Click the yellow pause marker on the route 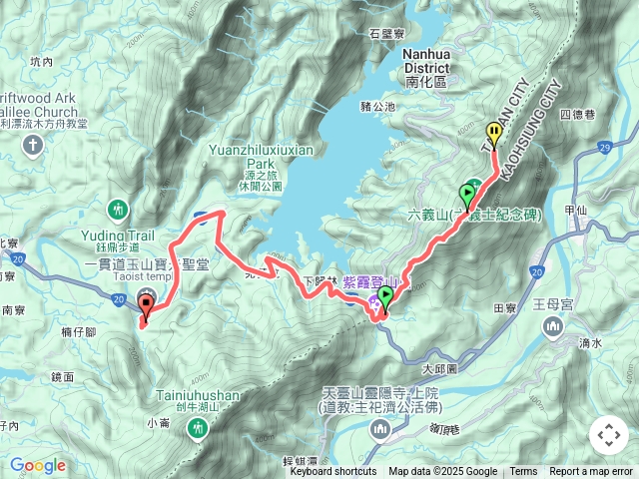(493, 133)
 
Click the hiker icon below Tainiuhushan (199, 427)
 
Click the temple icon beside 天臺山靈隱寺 (379, 430)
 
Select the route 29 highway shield (605, 148)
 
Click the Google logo (38, 465)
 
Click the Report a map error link (591, 472)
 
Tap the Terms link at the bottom (523, 472)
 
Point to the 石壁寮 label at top (384, 33)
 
